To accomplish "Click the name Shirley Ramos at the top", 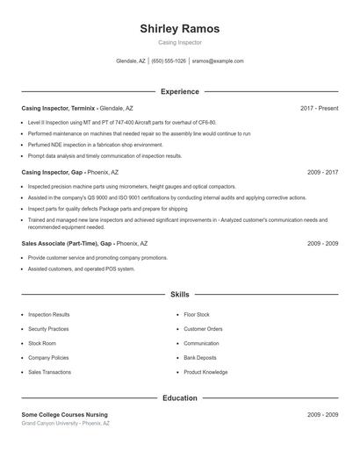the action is (x=179, y=29).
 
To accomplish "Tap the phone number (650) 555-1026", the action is (x=169, y=61).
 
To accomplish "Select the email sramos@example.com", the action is (x=217, y=61).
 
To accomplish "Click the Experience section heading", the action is (x=179, y=91).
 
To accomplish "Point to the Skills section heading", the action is (x=179, y=295).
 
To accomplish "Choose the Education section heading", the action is (x=179, y=398).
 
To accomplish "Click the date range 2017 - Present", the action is (x=319, y=108).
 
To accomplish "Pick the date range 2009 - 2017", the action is (x=322, y=172).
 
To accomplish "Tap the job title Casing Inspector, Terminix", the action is (x=58, y=108).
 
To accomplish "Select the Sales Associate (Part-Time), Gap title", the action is (x=68, y=243).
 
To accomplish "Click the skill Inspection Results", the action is (x=48, y=314).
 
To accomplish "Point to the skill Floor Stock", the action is (x=196, y=314).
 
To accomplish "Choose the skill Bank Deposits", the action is (x=199, y=358).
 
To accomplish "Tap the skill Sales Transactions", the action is (x=49, y=372).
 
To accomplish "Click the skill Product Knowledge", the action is (x=205, y=372).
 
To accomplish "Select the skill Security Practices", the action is (x=48, y=329).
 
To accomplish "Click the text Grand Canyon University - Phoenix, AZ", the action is (x=66, y=424).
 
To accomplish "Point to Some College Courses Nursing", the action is (x=64, y=414).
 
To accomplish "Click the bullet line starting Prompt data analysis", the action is (x=104, y=156).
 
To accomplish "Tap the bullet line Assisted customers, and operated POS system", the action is (x=81, y=269).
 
